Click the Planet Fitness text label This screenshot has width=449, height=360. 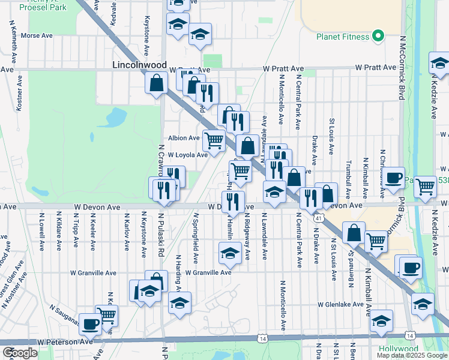343,37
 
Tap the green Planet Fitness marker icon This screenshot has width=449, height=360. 378,37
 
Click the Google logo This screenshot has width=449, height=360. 20,353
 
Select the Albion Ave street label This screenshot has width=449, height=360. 183,138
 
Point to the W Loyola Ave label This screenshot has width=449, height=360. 187,155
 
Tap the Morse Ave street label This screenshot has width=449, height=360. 37,35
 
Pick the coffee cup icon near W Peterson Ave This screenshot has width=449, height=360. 91,323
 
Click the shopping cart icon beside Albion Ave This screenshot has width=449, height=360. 214,140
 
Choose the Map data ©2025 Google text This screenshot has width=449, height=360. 411,355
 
